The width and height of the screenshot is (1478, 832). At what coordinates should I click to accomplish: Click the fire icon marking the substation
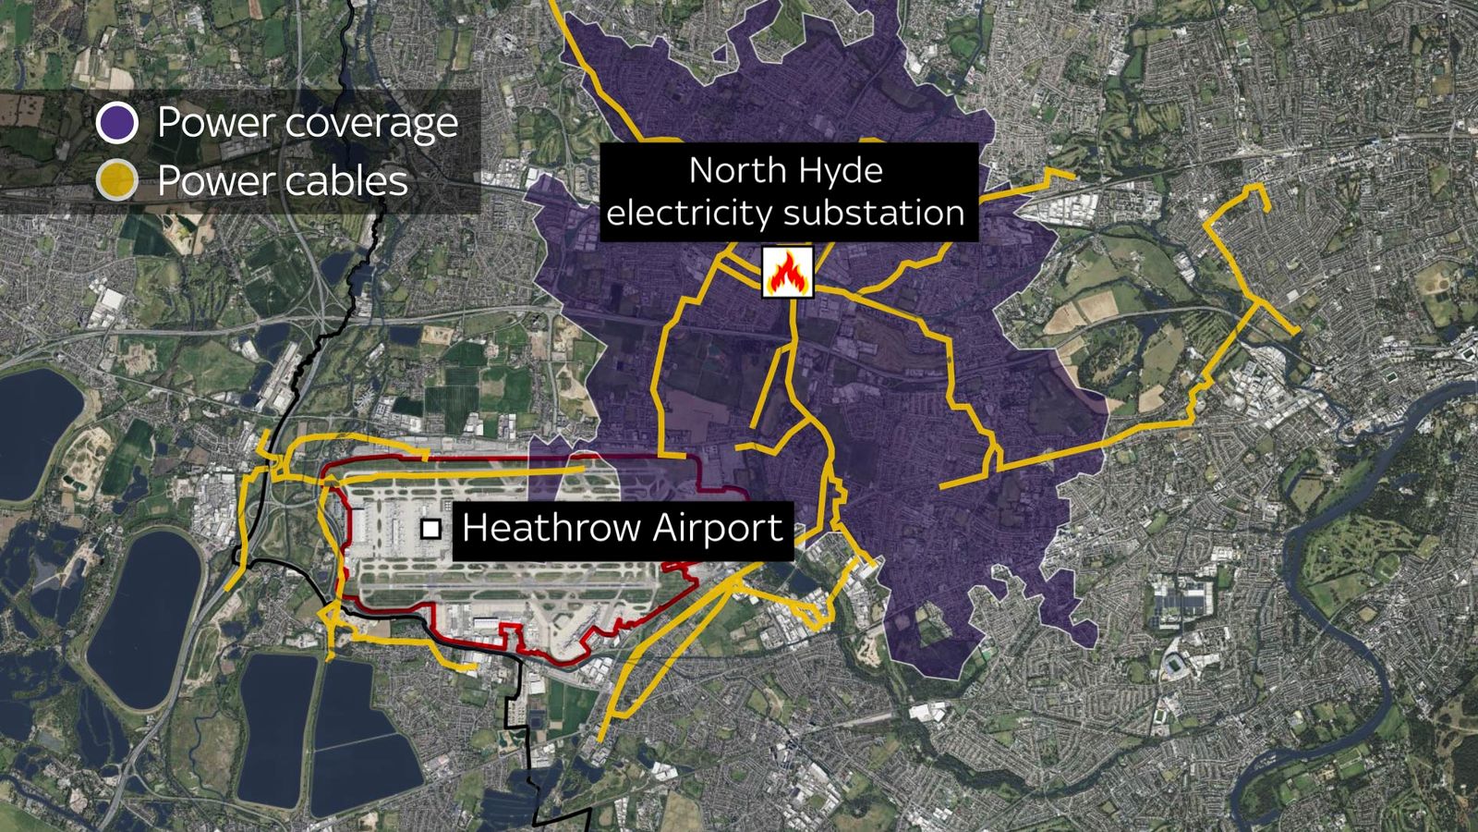[x=787, y=272]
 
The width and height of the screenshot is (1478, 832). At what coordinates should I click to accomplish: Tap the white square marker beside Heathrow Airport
[x=430, y=529]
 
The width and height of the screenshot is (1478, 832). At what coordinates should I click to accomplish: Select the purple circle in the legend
[x=117, y=123]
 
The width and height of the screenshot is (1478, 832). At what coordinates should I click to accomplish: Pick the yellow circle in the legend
[x=117, y=180]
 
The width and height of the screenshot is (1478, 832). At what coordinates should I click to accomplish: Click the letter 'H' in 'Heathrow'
[x=474, y=528]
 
